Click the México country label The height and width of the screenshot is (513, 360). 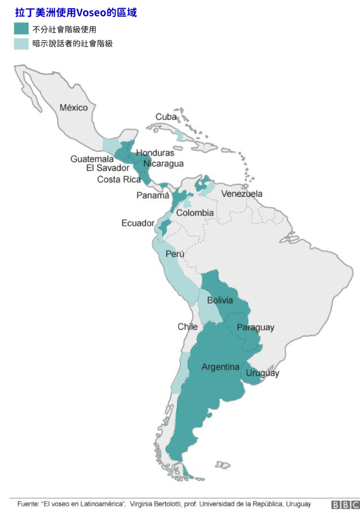pyautogui.click(x=74, y=108)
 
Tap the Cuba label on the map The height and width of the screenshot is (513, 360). pyautogui.click(x=166, y=117)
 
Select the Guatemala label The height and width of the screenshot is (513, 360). pyautogui.click(x=92, y=159)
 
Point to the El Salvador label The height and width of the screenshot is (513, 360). pyautogui.click(x=108, y=168)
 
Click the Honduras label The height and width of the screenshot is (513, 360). pyautogui.click(x=155, y=153)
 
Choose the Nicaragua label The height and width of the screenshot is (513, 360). pyautogui.click(x=163, y=164)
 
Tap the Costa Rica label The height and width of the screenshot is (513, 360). pyautogui.click(x=119, y=179)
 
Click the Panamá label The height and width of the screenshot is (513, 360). pyautogui.click(x=153, y=195)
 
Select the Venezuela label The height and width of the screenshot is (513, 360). pyautogui.click(x=242, y=194)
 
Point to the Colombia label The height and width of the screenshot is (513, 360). pyautogui.click(x=195, y=213)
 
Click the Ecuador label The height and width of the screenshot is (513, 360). pyautogui.click(x=138, y=223)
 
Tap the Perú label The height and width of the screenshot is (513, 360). pyautogui.click(x=175, y=254)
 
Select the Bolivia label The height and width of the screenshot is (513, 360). pyautogui.click(x=220, y=301)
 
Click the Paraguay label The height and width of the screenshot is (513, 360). pyautogui.click(x=255, y=328)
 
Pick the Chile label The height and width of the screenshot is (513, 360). pyautogui.click(x=188, y=327)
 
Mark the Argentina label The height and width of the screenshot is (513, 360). pyautogui.click(x=220, y=367)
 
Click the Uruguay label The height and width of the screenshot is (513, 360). pyautogui.click(x=262, y=373)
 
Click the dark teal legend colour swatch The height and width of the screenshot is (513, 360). pyautogui.click(x=21, y=29)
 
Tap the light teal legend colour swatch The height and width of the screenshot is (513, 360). pyautogui.click(x=21, y=44)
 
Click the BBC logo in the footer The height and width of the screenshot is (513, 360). pyautogui.click(x=345, y=504)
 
